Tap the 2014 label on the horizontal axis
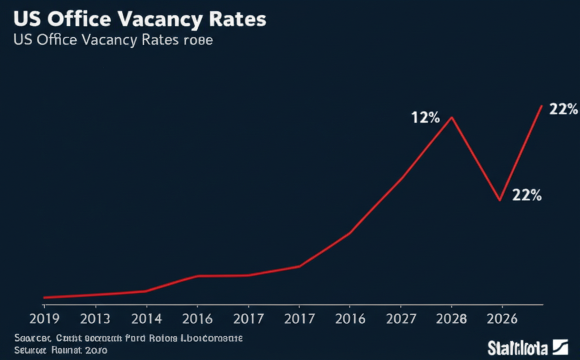147,319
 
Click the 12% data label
425,118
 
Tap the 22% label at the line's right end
563,110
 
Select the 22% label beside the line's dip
527,195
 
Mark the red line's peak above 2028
451,118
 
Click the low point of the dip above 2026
500,200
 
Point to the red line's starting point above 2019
44,297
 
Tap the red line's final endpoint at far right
542,106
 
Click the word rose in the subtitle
198,41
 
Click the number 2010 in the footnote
96,350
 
